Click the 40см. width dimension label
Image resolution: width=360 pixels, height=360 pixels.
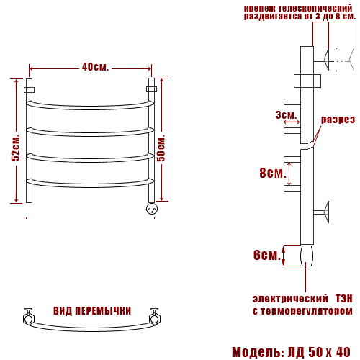coord(95,67)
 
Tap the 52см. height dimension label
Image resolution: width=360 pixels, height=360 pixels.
coord(16,148)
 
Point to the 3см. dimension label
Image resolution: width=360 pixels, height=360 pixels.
coord(287,115)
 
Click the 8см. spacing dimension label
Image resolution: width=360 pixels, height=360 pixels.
coord(273,173)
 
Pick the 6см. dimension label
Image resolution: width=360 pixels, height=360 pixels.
coord(267,255)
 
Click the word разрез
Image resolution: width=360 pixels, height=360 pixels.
coord(338,120)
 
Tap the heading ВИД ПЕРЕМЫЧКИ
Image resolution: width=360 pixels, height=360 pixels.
coord(92,311)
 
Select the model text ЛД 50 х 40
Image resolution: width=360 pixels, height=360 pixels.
coord(319,353)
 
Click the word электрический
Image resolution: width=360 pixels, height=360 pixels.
coord(290,299)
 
